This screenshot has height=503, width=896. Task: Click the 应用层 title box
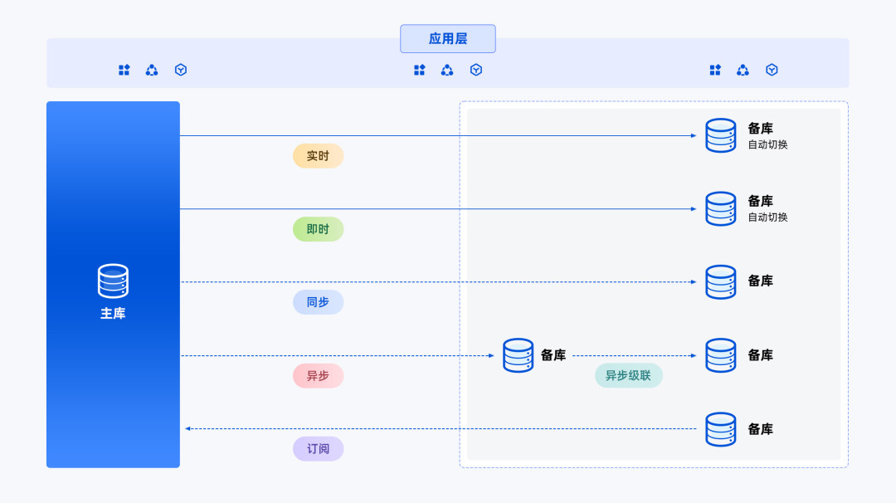coord(447,39)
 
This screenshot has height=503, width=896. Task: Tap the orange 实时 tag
coord(318,156)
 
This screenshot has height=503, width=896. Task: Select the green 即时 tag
coord(318,229)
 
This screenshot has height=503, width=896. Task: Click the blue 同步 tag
coord(318,302)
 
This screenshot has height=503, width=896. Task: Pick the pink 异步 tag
coord(318,376)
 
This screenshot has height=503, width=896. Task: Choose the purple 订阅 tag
coord(318,449)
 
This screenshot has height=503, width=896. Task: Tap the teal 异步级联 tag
coord(629,375)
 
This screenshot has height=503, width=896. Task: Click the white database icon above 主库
coord(113,281)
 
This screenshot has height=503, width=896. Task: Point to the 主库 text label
coord(113,313)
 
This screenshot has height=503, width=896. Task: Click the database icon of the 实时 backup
coord(721,135)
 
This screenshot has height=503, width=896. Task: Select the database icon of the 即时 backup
coord(721,208)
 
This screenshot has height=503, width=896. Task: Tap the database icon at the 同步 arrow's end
coord(721,281)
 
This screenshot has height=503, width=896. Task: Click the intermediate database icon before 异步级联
coord(519,355)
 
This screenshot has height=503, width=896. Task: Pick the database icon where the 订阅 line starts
coord(721,428)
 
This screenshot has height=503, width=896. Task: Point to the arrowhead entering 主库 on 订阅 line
coord(188,428)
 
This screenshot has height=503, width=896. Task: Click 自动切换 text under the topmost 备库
coord(768,144)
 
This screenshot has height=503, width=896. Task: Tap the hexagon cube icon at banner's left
coord(181,70)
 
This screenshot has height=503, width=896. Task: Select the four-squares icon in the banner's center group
coord(420,70)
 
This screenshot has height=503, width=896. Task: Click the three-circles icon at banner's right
coord(743,70)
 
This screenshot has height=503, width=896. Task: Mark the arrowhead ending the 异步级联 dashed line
coord(693,355)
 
